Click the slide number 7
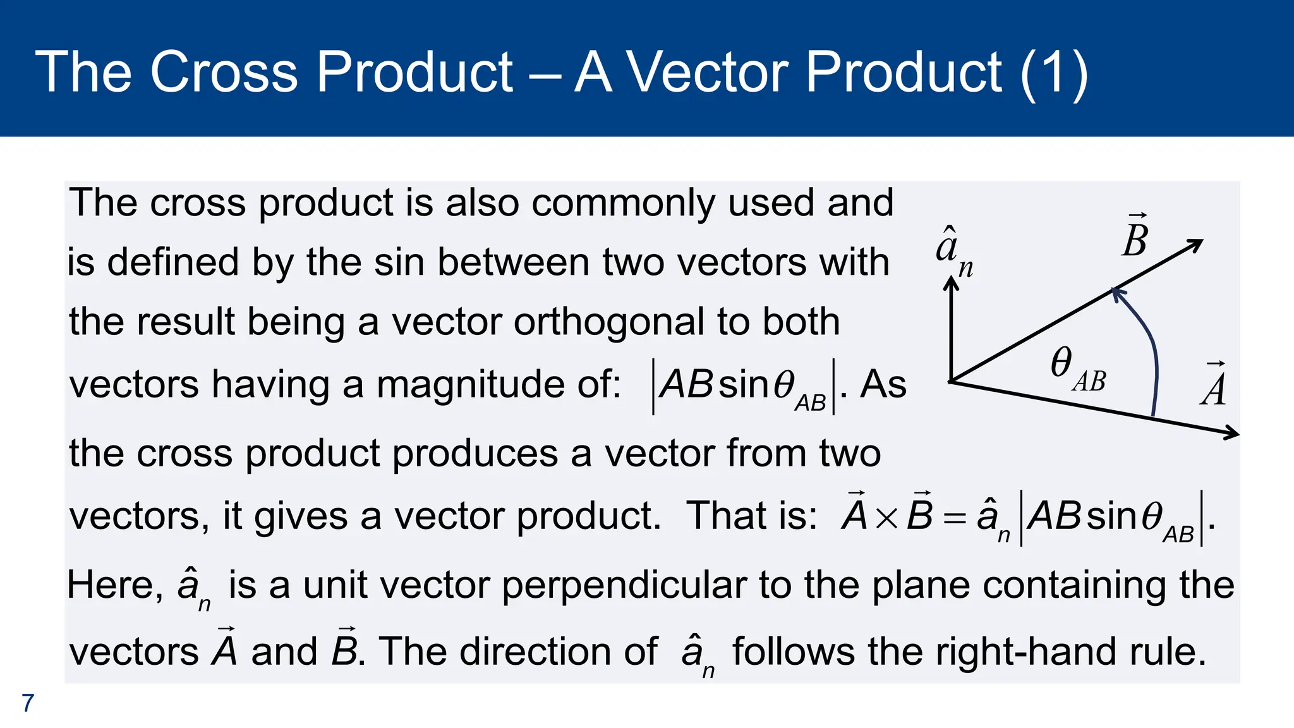28,703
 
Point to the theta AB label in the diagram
1077,370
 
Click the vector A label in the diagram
1214,385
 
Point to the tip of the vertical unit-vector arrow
951,282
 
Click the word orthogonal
608,322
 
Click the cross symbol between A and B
887,518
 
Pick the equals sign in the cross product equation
954,518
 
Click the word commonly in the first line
623,203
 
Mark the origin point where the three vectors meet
952,381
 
